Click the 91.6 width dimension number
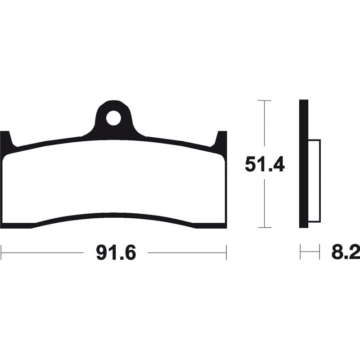pos(116,252)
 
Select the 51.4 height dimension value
pos(265,164)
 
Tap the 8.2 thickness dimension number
pos(346,252)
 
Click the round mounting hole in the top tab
pos(113,118)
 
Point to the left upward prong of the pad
pos(6,139)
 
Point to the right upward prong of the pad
pos(220,139)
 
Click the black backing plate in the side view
pos(303,164)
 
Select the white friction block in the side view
pos(314,181)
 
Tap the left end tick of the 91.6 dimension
pos(1,252)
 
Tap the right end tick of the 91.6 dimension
pos(226,252)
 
